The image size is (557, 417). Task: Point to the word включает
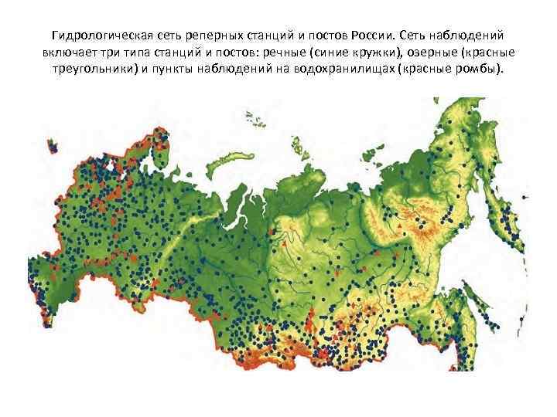pos(74,53)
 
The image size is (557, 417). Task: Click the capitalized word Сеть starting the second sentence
pos(422,36)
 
